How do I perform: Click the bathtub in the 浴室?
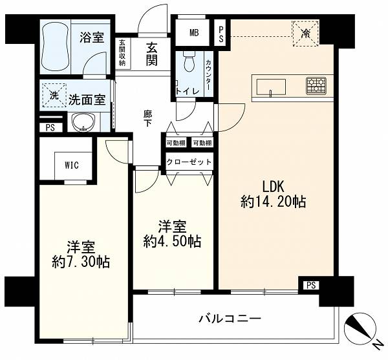coord(55,47)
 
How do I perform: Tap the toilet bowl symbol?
coord(189,61)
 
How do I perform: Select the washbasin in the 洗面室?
coord(83,122)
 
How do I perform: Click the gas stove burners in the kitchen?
coord(316,86)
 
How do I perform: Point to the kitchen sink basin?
coord(271,87)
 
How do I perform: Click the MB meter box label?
coord(194,32)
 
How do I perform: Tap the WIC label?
coord(72,165)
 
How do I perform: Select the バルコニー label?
coord(230,318)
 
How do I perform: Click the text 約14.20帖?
coord(273,202)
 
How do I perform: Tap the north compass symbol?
coord(360,330)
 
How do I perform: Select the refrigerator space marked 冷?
coord(306,34)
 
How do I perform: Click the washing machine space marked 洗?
coord(54,96)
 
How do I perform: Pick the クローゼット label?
coord(189,162)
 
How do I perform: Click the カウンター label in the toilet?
coord(208,75)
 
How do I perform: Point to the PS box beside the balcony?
coord(311,285)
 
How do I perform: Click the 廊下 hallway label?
coord(147,119)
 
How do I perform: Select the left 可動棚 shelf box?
coord(176,143)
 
